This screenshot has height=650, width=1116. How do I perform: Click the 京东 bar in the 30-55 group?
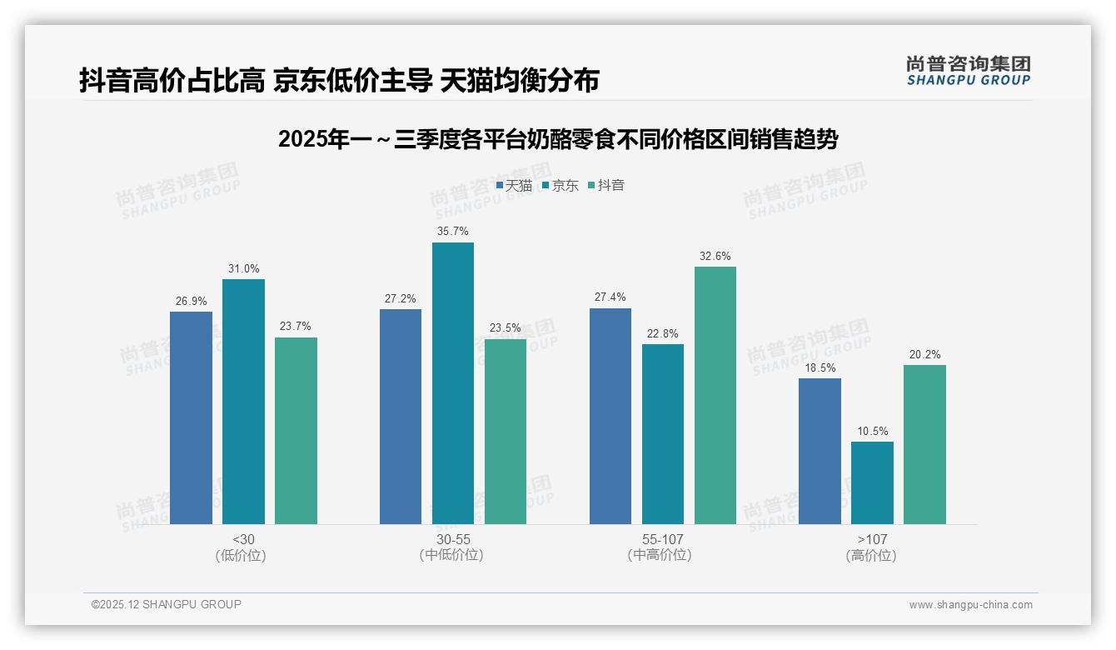(452, 383)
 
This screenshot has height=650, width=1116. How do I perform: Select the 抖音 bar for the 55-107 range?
(715, 395)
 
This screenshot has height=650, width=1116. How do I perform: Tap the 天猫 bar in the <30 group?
(191, 417)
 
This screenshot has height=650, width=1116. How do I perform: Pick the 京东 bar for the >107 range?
(872, 482)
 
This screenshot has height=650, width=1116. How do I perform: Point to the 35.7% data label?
(452, 231)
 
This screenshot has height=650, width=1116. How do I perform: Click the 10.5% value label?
(872, 431)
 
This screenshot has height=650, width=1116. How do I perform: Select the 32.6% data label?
(715, 256)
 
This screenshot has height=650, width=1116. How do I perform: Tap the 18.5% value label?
(820, 367)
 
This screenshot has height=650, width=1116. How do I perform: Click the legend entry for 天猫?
(514, 185)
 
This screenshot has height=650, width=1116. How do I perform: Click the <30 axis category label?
(243, 539)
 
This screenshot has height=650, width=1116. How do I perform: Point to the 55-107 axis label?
(662, 539)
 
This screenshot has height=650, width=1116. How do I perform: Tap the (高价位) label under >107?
(871, 556)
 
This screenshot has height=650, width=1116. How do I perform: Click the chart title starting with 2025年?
(557, 139)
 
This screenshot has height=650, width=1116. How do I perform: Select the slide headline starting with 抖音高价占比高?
(339, 80)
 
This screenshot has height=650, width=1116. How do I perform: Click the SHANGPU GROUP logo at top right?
(968, 71)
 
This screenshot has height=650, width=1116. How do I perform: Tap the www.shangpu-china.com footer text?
(970, 605)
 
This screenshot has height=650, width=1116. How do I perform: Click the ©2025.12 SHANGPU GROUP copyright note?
(167, 604)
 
